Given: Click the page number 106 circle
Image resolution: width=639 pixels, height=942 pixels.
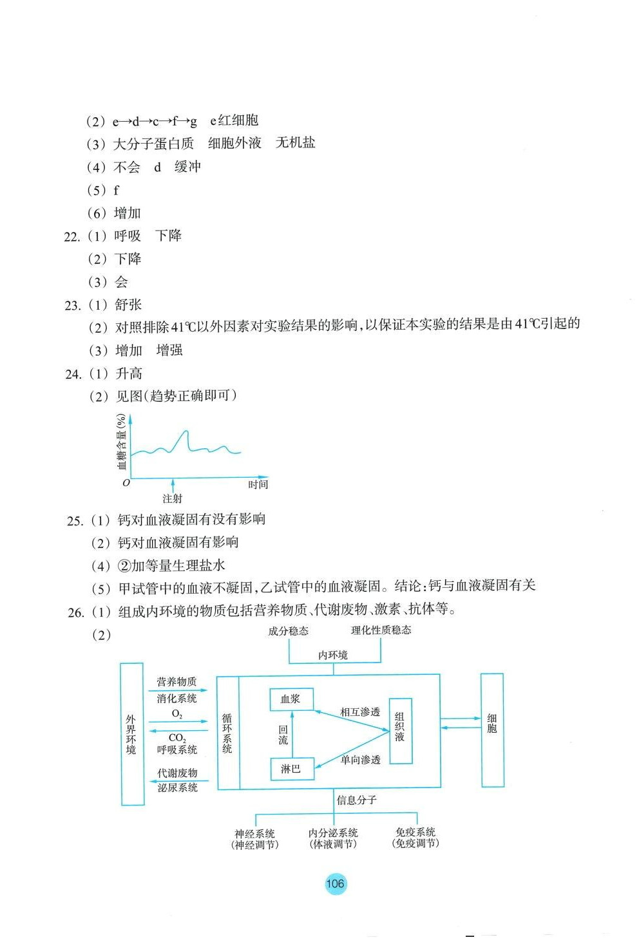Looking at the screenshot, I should click(x=335, y=883).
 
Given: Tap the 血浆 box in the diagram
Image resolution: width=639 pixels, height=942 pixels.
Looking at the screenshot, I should click(x=292, y=699).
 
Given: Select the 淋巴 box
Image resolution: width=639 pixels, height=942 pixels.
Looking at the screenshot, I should click(x=292, y=769).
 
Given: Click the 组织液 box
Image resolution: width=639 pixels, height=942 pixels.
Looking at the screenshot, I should click(x=400, y=731).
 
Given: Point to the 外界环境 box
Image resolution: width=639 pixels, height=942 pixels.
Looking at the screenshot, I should click(x=132, y=734).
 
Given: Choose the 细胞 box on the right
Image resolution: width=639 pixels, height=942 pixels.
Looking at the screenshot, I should click(x=492, y=730).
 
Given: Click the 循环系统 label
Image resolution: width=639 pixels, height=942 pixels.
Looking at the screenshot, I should click(x=227, y=732).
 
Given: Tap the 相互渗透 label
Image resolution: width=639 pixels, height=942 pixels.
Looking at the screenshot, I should click(x=360, y=712).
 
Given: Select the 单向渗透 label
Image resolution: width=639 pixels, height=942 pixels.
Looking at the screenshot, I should click(x=360, y=760).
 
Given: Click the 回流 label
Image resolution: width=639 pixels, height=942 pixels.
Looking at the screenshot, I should click(x=283, y=735).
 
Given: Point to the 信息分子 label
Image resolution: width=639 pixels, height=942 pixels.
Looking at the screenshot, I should click(x=356, y=800).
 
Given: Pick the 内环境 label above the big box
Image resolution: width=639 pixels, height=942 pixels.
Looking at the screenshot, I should click(x=333, y=655).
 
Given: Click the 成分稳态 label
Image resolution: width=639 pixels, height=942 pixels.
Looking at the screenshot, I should click(x=288, y=631).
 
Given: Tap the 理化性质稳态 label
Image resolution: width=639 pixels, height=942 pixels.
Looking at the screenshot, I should click(x=381, y=630).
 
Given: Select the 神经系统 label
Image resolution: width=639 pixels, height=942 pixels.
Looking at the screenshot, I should click(x=254, y=833).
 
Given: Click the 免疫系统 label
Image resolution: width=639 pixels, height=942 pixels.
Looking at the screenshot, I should click(x=415, y=832).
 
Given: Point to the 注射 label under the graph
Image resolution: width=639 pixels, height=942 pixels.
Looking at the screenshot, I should click(x=172, y=498).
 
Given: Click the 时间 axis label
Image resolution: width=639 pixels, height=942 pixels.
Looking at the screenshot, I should click(x=258, y=484).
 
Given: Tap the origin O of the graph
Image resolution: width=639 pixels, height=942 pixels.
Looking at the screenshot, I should click(x=126, y=482).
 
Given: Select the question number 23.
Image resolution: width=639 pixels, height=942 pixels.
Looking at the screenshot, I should click(x=72, y=305).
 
